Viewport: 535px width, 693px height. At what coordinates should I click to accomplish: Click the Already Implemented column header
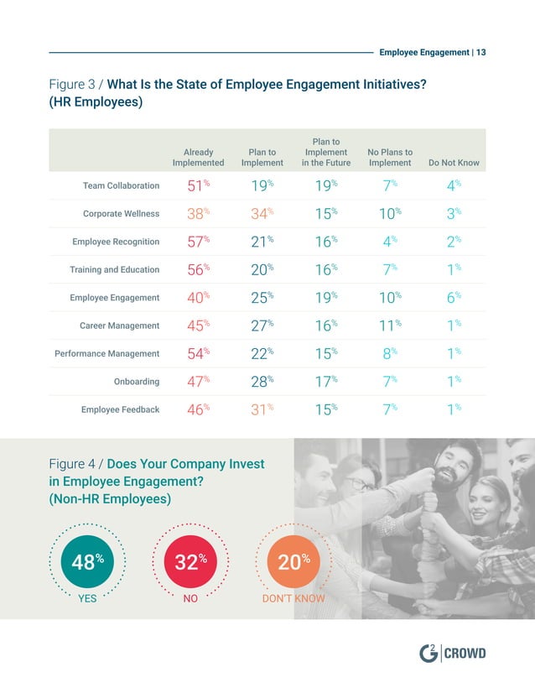coord(198,157)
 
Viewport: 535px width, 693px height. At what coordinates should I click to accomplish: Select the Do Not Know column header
coord(454,163)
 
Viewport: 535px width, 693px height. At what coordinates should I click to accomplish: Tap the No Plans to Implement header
coord(390,157)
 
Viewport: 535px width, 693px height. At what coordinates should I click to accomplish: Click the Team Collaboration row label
coord(121,185)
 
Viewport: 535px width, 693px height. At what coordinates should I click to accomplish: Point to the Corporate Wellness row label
coord(121,214)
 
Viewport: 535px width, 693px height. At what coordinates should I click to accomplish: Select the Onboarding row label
coord(136,382)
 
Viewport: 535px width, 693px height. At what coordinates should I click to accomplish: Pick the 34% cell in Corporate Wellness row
coord(262,214)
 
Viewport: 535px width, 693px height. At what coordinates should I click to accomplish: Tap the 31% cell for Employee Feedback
coord(262,409)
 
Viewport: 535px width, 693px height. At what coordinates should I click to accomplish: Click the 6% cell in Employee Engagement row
coord(454,298)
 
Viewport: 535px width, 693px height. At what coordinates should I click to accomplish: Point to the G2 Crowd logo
coord(452,654)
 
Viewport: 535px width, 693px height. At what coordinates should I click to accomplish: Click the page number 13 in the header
coord(480,52)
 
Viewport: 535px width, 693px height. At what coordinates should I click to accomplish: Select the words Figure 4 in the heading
coord(75,464)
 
